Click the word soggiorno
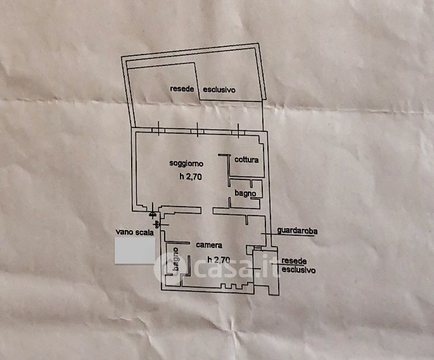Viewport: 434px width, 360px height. (x=186, y=164)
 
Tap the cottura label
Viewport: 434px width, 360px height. (x=246, y=160)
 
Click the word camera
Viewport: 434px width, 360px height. (x=208, y=245)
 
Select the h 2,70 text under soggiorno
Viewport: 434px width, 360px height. (x=190, y=177)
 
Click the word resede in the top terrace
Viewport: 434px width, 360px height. (x=182, y=90)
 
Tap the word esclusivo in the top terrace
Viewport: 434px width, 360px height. (x=219, y=90)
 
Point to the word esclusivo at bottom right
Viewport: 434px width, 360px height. (x=299, y=269)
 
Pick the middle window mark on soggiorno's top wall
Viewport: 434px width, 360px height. (x=197, y=127)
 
